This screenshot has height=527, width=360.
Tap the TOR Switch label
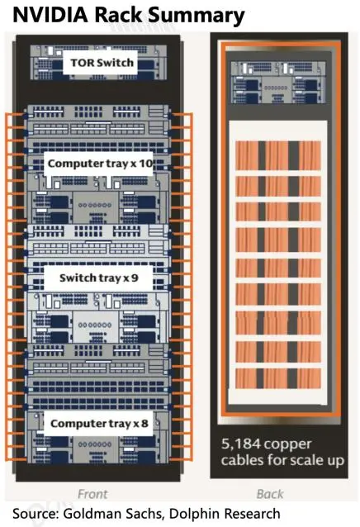coord(102,63)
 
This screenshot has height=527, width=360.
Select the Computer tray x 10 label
coord(100,164)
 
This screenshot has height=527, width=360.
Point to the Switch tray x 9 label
coord(99,278)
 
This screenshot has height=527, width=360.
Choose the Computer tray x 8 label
coord(99,424)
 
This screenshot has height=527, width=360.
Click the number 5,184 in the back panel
coord(241,444)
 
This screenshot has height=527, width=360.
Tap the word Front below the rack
coord(92,494)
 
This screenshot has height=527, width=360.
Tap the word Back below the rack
coord(270,494)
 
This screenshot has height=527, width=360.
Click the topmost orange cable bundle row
coord(278,155)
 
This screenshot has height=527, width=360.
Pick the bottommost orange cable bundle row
coord(278,378)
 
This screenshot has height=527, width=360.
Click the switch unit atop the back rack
coord(278,82)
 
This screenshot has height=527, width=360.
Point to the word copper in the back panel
coord(288,444)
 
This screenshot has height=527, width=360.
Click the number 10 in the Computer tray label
coord(146,164)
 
